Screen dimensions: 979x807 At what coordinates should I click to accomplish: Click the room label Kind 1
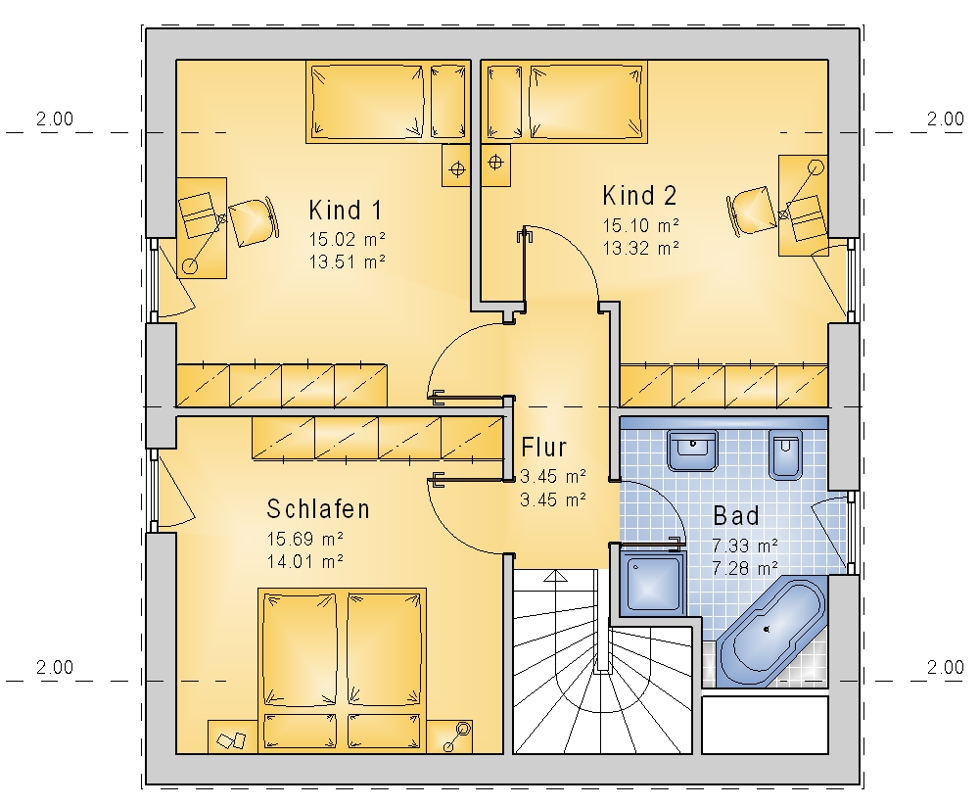[346, 211]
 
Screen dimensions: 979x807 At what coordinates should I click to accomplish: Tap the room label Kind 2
[639, 196]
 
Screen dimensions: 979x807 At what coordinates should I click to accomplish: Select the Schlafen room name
[318, 509]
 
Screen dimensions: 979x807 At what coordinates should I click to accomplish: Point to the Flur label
[543, 448]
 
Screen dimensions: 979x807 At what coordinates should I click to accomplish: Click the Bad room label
[736, 516]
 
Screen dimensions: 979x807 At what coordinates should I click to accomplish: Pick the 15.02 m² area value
[348, 239]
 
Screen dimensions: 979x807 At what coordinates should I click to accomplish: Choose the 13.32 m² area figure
[640, 248]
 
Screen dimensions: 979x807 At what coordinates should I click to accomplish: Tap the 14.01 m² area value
[305, 561]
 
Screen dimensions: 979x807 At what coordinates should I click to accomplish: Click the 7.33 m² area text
[745, 546]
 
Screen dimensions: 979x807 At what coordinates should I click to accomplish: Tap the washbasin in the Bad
[692, 450]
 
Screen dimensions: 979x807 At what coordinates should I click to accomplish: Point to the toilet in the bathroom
[785, 454]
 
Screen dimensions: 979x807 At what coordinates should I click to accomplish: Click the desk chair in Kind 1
[253, 221]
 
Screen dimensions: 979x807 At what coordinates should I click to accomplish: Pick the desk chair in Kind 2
[751, 211]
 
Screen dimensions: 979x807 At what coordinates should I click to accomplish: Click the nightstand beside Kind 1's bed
[456, 166]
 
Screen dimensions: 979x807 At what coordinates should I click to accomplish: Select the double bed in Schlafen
[342, 670]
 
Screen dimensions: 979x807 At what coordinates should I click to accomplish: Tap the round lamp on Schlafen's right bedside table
[463, 728]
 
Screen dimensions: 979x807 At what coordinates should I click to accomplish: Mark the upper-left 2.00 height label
[55, 119]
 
